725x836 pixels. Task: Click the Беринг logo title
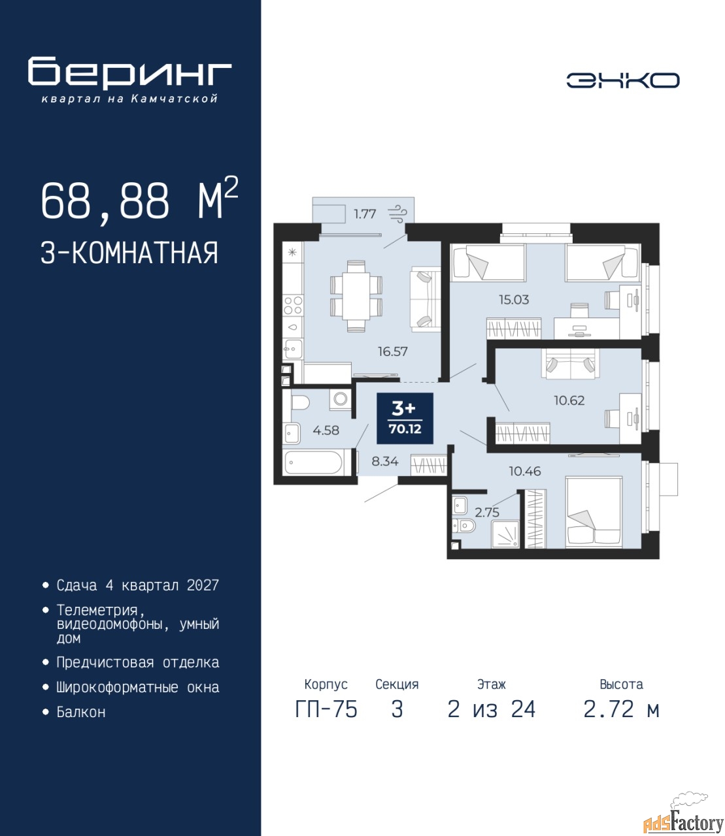129,72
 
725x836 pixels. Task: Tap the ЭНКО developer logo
622,80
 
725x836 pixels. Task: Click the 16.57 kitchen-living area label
393,351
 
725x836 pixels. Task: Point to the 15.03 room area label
514,300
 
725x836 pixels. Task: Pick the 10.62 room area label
569,400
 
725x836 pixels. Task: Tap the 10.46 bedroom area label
524,471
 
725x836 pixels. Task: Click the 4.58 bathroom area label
326,430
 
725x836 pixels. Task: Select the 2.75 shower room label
487,513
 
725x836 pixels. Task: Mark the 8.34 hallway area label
385,461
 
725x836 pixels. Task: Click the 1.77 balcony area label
365,214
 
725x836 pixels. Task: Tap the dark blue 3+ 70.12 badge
405,418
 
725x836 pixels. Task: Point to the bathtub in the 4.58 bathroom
314,462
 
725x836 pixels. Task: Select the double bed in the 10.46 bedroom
594,513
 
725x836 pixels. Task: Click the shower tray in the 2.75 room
505,534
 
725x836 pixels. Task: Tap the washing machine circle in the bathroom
340,399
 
